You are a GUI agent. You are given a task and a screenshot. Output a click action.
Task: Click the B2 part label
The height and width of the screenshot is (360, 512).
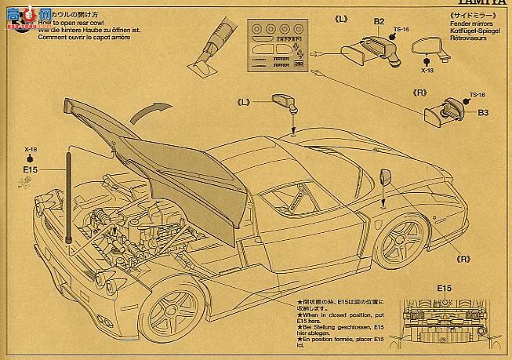click(378, 22)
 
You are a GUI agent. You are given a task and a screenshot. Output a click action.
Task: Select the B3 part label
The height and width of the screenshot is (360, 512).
click(483, 113)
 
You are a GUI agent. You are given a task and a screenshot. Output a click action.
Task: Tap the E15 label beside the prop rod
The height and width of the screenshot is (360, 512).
click(31, 169)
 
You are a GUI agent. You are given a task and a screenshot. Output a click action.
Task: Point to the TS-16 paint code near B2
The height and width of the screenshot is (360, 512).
click(401, 30)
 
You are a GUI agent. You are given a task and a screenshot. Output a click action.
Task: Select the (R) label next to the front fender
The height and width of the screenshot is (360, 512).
click(463, 259)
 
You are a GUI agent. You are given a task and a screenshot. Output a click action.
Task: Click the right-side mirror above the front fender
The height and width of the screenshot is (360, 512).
click(384, 177)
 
